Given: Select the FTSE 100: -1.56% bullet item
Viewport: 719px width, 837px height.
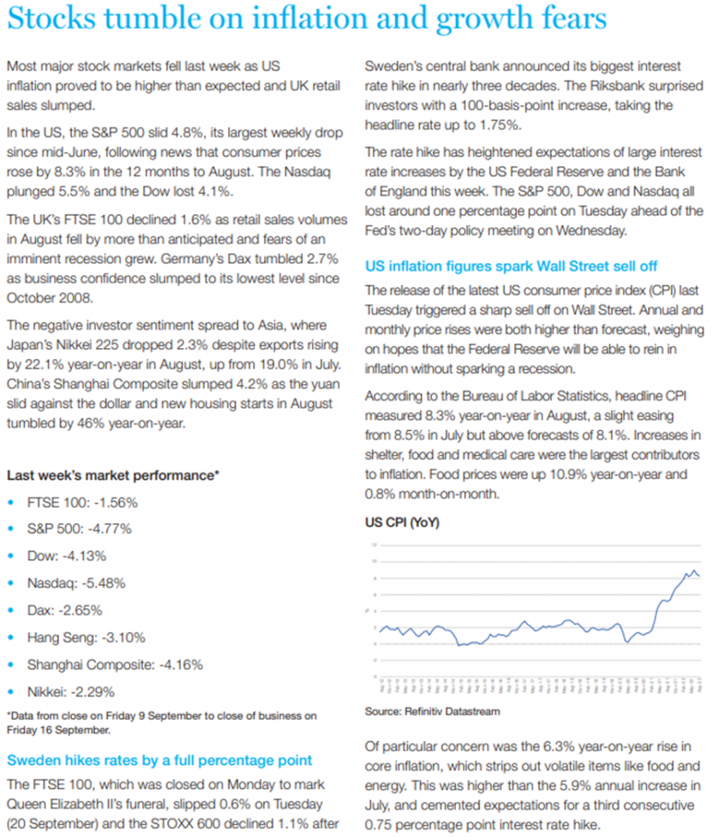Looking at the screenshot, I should [x=82, y=503].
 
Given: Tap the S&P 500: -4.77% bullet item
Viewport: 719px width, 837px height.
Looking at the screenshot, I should [x=82, y=530].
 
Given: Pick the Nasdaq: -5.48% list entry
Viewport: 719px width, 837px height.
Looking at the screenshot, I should [x=76, y=584].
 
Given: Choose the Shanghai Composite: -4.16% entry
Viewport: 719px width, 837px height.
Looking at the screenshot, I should [x=114, y=665].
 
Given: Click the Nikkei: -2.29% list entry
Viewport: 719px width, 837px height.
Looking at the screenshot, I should [x=71, y=692].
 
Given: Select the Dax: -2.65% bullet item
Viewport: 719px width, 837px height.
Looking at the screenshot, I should [x=65, y=611].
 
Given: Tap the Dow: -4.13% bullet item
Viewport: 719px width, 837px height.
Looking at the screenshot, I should [x=67, y=557].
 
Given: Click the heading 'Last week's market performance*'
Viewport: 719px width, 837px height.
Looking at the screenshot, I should [x=114, y=475].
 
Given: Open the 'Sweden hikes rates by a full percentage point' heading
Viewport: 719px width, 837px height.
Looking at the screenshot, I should [x=159, y=760].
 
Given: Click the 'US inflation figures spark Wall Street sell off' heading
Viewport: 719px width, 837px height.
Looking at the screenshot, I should [x=511, y=266].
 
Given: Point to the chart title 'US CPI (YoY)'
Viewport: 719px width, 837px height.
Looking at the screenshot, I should [x=401, y=522].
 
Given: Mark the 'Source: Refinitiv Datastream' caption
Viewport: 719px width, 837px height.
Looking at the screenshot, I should [x=432, y=712].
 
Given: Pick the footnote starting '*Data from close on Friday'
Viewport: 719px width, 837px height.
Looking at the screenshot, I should [x=162, y=723].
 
